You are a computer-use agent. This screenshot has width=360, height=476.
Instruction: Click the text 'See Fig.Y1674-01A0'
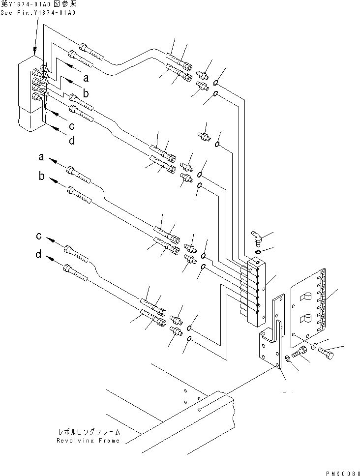38,13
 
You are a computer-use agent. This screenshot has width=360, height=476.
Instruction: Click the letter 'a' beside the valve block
86,78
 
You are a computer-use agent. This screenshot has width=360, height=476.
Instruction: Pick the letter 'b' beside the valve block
86,93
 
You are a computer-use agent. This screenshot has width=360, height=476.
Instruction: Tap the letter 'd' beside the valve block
72,141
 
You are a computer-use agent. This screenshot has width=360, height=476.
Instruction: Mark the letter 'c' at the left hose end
38,237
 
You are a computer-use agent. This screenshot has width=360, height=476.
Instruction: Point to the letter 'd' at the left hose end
38,255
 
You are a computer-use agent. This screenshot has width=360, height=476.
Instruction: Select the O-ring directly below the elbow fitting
258,252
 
